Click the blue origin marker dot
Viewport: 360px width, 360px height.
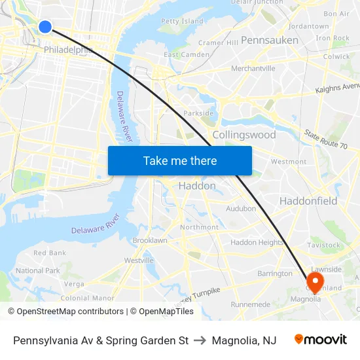point(45,26)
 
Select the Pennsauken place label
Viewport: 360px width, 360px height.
point(269,40)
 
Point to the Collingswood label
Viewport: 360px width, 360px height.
point(244,135)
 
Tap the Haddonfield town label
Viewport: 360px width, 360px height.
point(308,201)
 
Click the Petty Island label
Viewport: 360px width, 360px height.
point(182,21)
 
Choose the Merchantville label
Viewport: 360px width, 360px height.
point(253,68)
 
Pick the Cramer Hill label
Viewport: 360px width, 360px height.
point(219,43)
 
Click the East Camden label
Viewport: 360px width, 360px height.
point(186,55)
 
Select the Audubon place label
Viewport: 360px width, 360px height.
point(241,209)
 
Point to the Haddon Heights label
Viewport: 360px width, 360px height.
point(257,242)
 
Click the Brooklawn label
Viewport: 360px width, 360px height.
point(150,240)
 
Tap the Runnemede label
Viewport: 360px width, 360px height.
point(250,304)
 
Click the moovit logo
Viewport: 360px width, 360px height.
point(320,340)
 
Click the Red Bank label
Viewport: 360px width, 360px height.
point(50,253)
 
